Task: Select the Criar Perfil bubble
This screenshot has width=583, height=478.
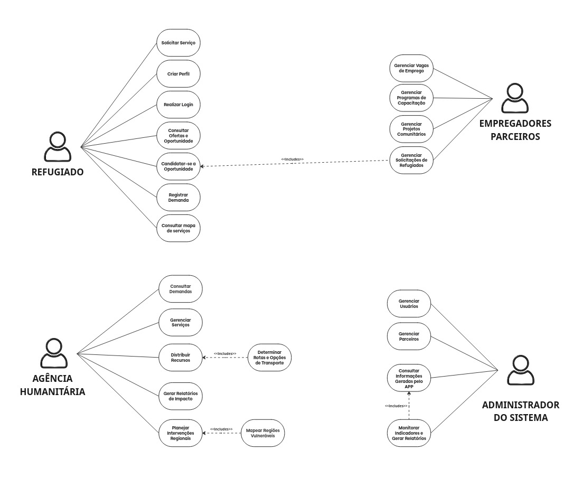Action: [x=178, y=73]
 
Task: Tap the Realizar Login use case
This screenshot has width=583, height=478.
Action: [x=178, y=105]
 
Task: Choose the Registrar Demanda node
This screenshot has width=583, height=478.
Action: [x=178, y=198]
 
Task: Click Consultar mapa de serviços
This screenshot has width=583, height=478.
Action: [x=178, y=229]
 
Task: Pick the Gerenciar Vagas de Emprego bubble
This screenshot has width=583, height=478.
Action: [x=411, y=68]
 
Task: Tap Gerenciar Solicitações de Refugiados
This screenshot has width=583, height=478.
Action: [x=411, y=160]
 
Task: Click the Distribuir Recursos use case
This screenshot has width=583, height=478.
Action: [x=181, y=358]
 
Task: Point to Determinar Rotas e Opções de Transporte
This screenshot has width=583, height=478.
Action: [x=269, y=358]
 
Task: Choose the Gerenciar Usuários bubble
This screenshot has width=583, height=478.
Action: [x=409, y=303]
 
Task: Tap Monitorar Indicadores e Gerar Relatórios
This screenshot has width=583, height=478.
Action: [x=409, y=433]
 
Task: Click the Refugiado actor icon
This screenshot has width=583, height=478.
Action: [x=57, y=147]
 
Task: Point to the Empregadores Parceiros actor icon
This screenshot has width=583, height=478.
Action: [x=515, y=98]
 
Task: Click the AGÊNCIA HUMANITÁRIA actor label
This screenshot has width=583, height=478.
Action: [x=52, y=385]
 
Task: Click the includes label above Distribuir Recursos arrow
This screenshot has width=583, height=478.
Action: [x=225, y=353]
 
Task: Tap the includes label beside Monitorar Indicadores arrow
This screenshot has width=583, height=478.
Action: [x=396, y=406]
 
